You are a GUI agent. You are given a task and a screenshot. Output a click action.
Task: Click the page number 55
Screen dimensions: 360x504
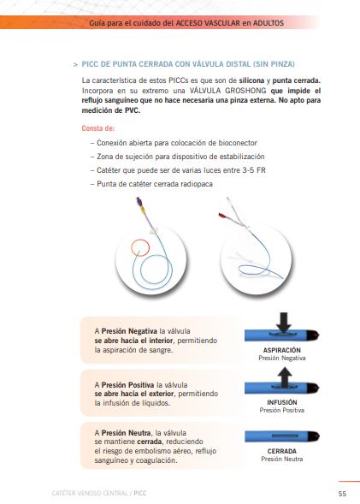pyautogui.click(x=342, y=494)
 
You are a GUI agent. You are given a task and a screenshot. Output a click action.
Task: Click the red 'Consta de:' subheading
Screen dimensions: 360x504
pyautogui.click(x=98, y=128)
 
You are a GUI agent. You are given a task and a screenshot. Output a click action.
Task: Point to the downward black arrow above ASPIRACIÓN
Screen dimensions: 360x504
pyautogui.click(x=284, y=322)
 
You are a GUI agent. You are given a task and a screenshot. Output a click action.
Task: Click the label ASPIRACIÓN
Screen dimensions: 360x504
pyautogui.click(x=282, y=350)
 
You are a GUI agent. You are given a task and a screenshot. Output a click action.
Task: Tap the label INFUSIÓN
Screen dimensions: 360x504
pyautogui.click(x=282, y=402)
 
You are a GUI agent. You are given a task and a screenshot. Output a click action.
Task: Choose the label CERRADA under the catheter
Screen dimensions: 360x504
pyautogui.click(x=282, y=451)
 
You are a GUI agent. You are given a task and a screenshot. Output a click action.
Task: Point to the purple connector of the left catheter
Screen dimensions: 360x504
pyautogui.click(x=139, y=202)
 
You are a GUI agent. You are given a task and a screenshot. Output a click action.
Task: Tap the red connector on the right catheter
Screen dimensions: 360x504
pyautogui.click(x=222, y=216)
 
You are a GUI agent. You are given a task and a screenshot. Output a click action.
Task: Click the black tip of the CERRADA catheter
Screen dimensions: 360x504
pyautogui.click(x=313, y=436)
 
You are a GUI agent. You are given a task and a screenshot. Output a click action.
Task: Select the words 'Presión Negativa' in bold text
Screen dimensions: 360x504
pyautogui.click(x=129, y=331)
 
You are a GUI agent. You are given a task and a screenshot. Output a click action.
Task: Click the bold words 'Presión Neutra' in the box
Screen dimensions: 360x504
pyautogui.click(x=126, y=433)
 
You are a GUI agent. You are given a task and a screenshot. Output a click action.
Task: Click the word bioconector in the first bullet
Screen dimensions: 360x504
pyautogui.click(x=238, y=143)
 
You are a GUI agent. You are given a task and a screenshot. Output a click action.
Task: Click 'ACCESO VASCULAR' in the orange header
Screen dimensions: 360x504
pyautogui.click(x=208, y=23)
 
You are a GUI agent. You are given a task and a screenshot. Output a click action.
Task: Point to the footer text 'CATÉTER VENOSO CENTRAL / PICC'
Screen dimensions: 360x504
pyautogui.click(x=98, y=493)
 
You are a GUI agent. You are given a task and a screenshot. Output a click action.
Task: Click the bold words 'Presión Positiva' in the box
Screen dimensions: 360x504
pyautogui.click(x=127, y=385)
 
